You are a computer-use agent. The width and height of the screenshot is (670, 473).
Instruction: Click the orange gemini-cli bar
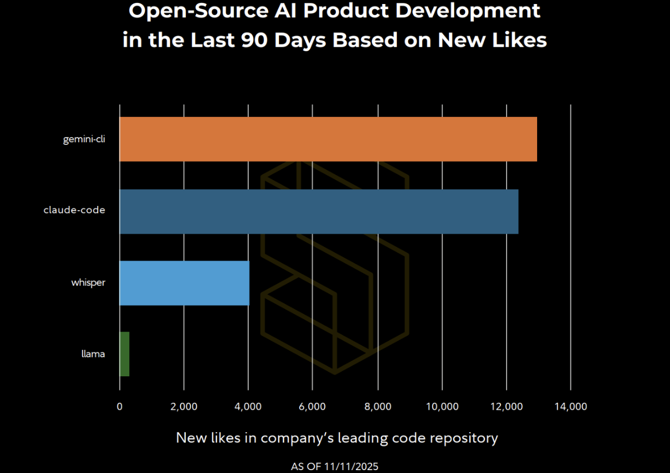[328, 139]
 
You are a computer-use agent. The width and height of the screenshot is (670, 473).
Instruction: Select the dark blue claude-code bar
[319, 211]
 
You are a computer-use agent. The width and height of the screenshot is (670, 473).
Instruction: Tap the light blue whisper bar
[184, 283]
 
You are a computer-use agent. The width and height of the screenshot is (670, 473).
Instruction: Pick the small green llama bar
[124, 354]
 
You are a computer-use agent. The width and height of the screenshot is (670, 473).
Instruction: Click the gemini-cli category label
[84, 139]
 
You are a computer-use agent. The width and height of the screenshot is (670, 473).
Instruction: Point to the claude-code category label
[74, 211]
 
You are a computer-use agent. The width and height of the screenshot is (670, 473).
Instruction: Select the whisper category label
[88, 283]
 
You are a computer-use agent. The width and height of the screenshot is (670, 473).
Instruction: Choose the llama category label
[93, 354]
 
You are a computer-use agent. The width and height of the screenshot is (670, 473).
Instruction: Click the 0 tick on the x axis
[120, 406]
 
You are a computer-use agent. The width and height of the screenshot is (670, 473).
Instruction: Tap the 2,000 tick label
[184, 406]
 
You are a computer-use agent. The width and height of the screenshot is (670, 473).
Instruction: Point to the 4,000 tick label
[248, 406]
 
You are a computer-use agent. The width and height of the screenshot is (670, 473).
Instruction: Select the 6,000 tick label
[313, 406]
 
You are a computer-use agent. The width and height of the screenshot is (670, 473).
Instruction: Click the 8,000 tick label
[377, 406]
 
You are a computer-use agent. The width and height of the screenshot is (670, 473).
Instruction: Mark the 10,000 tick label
[442, 406]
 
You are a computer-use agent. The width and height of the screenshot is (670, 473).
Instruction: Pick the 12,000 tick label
[506, 406]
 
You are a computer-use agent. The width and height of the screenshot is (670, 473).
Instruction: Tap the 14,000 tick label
[571, 406]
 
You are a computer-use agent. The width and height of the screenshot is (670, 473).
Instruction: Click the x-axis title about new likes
[336, 438]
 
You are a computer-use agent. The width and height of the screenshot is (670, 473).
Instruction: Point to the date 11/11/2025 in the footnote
[352, 466]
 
